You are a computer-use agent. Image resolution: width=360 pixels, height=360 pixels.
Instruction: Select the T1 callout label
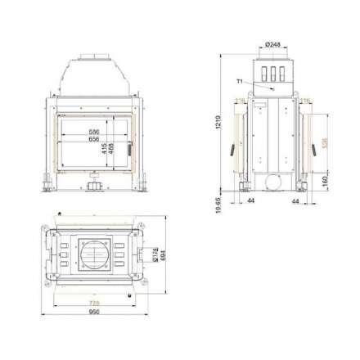(x=239, y=82)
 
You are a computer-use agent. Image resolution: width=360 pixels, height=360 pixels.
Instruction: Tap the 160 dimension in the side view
(x=326, y=175)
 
